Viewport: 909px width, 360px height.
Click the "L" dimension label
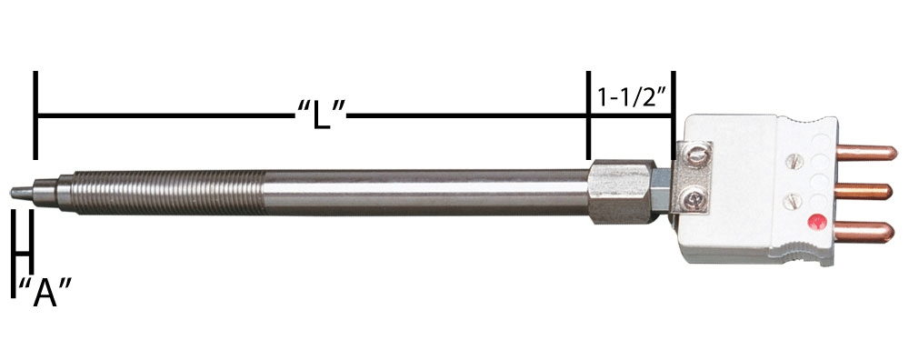click(x=321, y=115)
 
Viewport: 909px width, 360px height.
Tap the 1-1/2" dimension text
click(x=630, y=97)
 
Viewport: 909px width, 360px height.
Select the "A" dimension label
click(x=45, y=293)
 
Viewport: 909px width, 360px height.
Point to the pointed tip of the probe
click(x=12, y=192)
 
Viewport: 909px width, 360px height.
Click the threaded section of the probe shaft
click(x=168, y=193)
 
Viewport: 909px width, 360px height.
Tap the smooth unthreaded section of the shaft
click(x=426, y=192)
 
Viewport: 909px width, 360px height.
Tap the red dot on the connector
click(x=817, y=222)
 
